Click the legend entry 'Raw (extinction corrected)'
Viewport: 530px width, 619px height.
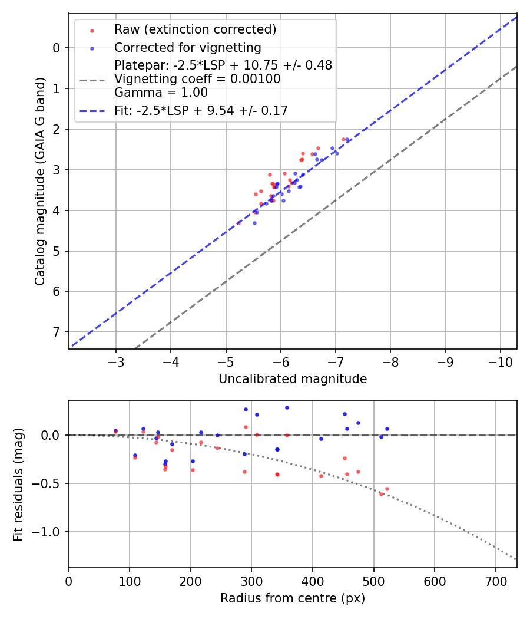[x=195, y=29]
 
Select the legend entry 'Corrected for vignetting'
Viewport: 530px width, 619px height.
[x=187, y=47]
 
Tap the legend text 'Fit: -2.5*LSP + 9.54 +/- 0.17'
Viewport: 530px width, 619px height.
[x=201, y=110]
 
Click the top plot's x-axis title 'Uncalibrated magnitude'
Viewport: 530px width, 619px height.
[x=293, y=379]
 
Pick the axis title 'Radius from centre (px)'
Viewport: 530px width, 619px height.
[x=293, y=598]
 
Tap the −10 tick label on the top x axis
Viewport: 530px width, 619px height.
[x=500, y=361]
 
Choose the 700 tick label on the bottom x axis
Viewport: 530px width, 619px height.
[x=495, y=580]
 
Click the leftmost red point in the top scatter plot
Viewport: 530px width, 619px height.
[x=238, y=223]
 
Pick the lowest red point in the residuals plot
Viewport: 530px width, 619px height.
[x=381, y=494]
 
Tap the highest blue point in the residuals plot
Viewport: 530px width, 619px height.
[x=287, y=407]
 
